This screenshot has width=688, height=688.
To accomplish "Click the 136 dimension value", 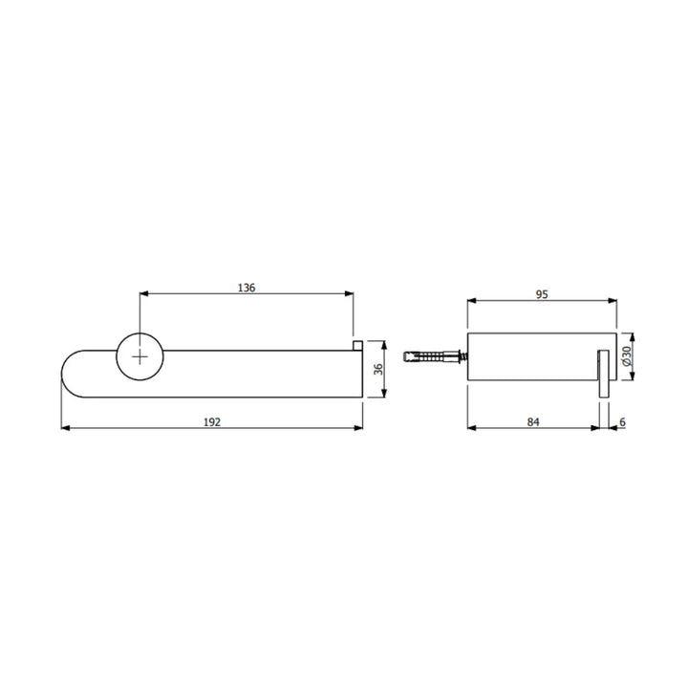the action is click(x=247, y=288).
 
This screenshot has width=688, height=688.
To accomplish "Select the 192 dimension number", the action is click(x=212, y=422).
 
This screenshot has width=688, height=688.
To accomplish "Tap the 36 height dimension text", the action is click(x=378, y=369).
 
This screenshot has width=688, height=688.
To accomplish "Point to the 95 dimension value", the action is click(x=542, y=294).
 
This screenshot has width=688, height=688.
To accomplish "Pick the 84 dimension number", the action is click(x=533, y=422).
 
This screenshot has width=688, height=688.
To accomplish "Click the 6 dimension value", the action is click(x=622, y=422).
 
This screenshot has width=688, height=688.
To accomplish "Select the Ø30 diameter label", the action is click(x=626, y=356).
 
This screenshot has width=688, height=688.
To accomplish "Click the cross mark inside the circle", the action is click(x=140, y=357).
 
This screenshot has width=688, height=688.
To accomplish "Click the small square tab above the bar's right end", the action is click(x=357, y=345).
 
